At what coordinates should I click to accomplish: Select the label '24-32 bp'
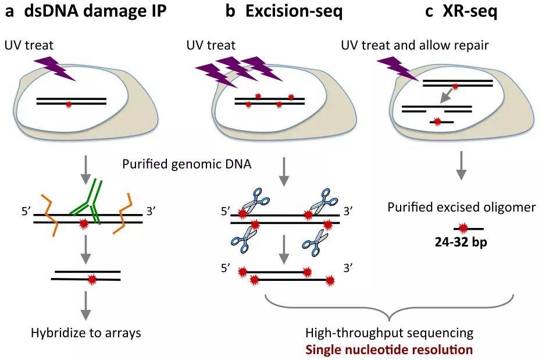pos(463,242)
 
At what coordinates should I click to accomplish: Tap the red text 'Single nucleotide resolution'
pos(389,350)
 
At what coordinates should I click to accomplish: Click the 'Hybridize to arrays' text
pos(86,333)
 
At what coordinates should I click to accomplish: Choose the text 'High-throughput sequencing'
pos(389,333)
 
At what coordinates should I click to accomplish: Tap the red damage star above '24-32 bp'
pos(463,227)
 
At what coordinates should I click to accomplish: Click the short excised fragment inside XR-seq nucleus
pos(442,121)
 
